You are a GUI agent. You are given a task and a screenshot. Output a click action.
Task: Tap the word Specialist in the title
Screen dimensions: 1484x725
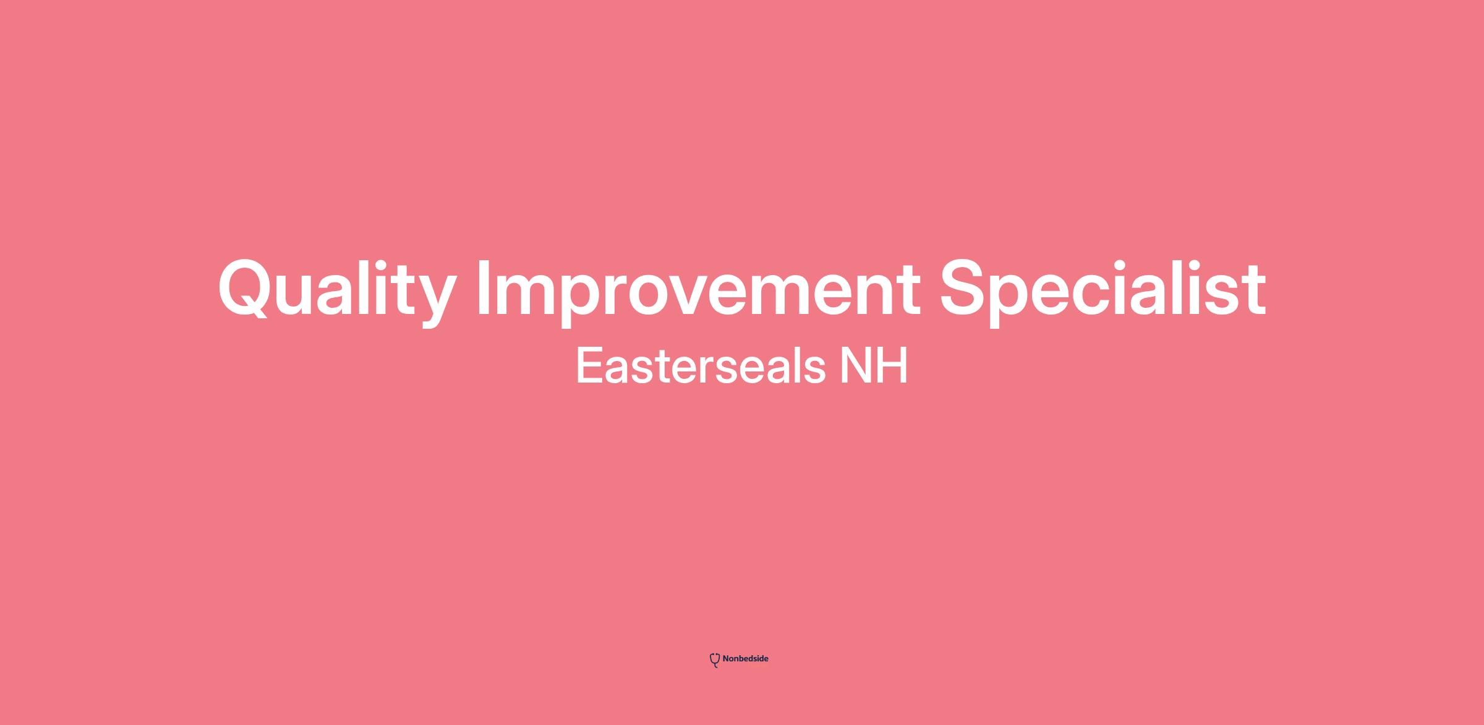[1103, 290]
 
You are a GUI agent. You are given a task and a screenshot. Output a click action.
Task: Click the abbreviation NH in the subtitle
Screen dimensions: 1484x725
[874, 365]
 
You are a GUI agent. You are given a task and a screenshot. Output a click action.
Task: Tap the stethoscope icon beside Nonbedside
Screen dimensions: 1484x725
[715, 660]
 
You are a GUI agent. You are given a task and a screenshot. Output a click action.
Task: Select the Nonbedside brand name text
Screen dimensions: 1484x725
[745, 659]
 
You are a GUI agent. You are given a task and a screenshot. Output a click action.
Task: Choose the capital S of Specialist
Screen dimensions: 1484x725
[965, 288]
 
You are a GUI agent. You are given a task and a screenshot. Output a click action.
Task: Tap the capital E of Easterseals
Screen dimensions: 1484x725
[590, 365]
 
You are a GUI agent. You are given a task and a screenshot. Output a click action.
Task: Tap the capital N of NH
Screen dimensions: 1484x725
[853, 365]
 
